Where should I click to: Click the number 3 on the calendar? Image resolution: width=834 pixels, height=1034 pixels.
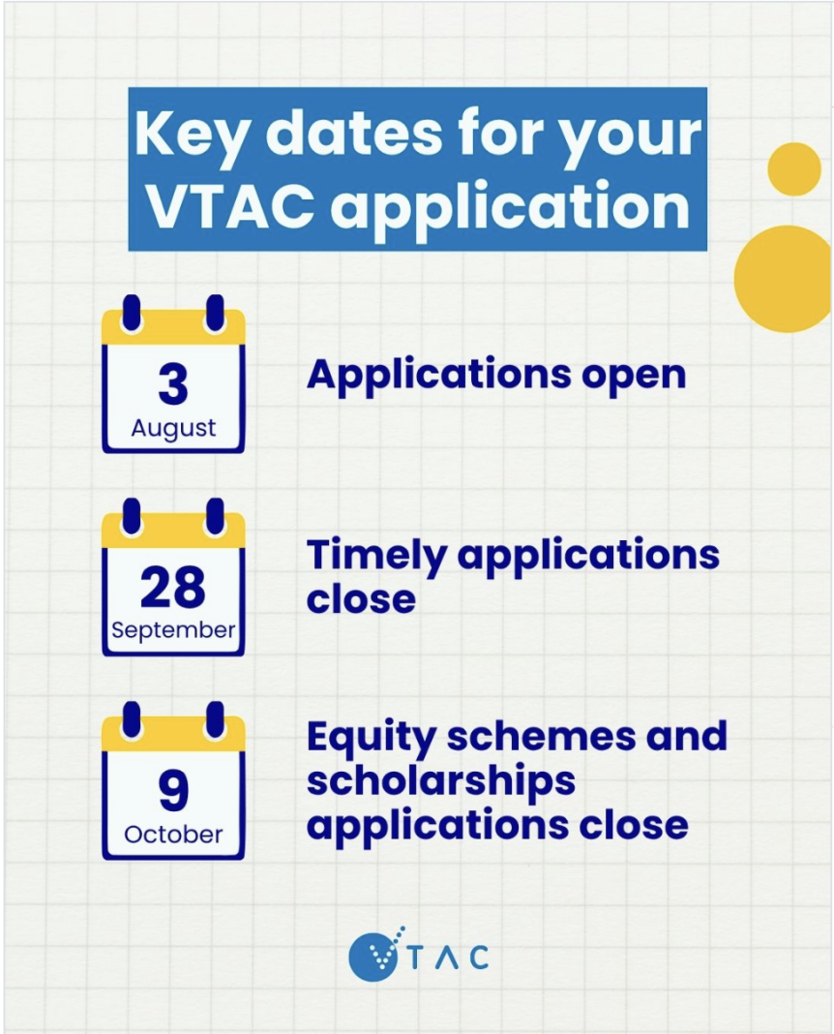click(x=173, y=384)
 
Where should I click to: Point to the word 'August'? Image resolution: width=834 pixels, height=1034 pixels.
click(x=173, y=429)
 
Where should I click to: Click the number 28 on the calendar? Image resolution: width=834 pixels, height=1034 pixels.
click(x=173, y=588)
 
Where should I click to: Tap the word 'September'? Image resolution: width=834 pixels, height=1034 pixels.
click(x=173, y=630)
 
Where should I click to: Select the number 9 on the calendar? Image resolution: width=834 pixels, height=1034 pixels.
click(x=173, y=791)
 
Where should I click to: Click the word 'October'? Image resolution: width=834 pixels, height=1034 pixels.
click(x=173, y=835)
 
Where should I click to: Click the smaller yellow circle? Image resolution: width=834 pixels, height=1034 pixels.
click(x=793, y=168)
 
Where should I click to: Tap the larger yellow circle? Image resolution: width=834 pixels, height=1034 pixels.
click(x=784, y=279)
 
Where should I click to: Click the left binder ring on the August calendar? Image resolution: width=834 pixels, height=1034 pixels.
click(x=132, y=314)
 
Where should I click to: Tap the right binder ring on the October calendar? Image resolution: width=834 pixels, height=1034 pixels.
click(x=215, y=719)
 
